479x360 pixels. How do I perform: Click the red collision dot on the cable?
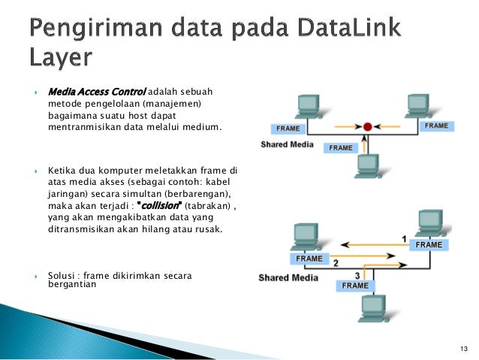[367, 127]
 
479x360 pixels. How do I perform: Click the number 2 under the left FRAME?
[336, 263]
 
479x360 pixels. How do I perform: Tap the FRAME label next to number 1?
[429, 245]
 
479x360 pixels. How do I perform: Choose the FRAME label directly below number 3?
[355, 286]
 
